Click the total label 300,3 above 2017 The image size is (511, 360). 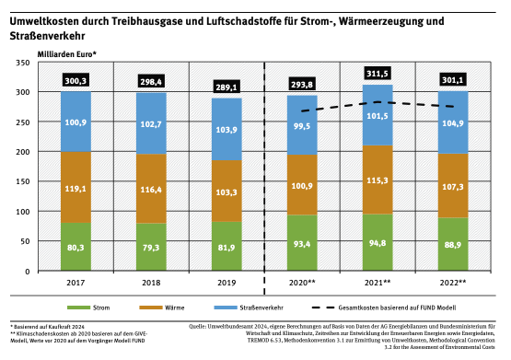tap(75, 82)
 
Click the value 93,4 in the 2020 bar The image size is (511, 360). tap(303, 243)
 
